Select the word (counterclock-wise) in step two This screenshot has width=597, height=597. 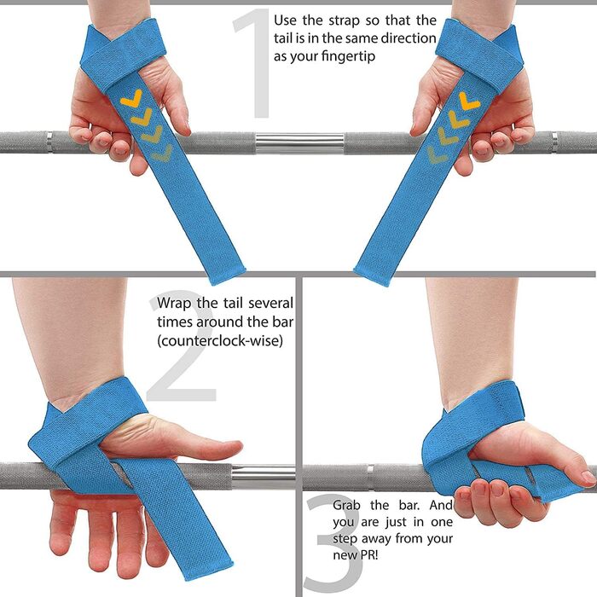220,340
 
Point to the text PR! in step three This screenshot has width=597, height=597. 368,554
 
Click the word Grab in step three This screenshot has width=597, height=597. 346,505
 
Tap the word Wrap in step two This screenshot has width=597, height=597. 173,303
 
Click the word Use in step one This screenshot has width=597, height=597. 285,20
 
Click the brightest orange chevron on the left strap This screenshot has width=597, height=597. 131,100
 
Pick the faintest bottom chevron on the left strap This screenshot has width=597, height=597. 162,153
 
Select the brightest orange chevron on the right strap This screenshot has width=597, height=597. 469,102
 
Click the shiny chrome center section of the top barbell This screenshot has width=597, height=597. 299,142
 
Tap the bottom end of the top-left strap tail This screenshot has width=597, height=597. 228,277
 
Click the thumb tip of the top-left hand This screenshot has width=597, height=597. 185,130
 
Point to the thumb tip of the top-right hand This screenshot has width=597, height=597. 415,130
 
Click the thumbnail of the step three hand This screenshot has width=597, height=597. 588,476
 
